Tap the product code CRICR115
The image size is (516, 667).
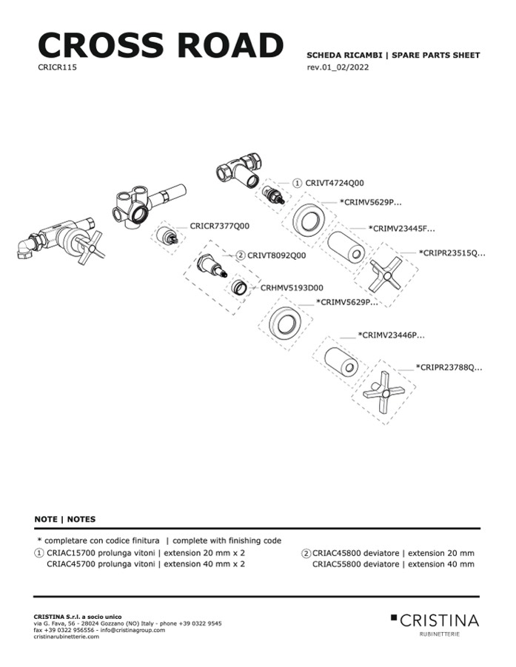[57, 67]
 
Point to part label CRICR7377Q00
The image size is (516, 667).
[219, 226]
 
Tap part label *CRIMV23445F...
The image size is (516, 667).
[401, 229]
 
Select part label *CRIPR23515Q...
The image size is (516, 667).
[452, 252]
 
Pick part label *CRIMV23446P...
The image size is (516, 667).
[391, 335]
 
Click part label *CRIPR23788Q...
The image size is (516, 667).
[449, 366]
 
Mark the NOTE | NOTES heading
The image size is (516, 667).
[64, 519]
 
